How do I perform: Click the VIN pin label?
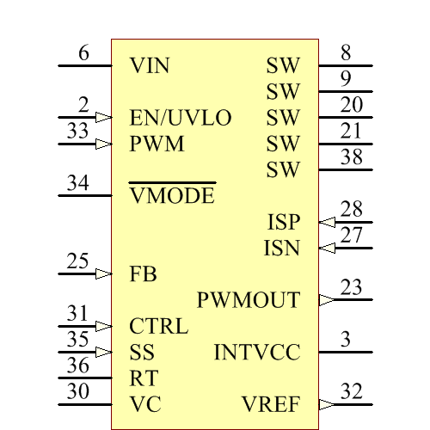coord(150,65)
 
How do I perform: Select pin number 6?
coord(83,53)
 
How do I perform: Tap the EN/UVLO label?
coord(181,118)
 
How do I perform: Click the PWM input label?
coord(157,144)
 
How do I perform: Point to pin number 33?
coord(77,132)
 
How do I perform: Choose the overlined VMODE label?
coord(172,196)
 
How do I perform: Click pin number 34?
coord(77,183)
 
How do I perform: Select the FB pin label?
coord(143,274)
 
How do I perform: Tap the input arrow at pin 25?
coord(103,274)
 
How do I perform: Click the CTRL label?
coord(158,327)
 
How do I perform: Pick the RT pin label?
coord(144,378)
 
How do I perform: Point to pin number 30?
coord(77,392)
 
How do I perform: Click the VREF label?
coord(271,404)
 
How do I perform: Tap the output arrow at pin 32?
coord(327,404)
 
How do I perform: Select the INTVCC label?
coord(256,353)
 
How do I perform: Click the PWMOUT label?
coord(249,300)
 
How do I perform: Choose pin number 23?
coord(351,288)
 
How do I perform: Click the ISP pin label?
coord(284,222)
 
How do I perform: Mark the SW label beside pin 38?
coord(283,169)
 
